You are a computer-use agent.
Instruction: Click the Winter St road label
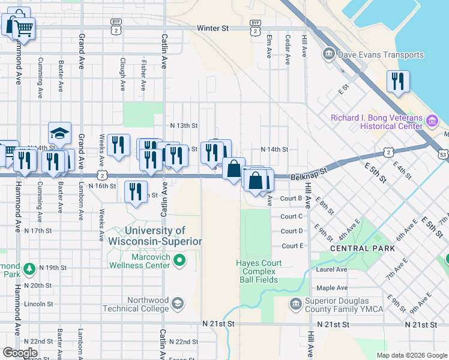(x=213, y=28)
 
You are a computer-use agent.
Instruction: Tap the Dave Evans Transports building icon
(x=329, y=55)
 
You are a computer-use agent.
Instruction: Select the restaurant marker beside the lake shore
(x=397, y=82)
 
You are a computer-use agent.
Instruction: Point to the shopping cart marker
(x=23, y=27)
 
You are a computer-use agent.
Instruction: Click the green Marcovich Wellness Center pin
(x=179, y=260)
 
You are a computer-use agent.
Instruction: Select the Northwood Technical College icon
(x=177, y=304)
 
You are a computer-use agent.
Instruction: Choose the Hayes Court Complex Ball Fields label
(x=257, y=271)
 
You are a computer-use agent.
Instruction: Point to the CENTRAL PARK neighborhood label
(x=363, y=248)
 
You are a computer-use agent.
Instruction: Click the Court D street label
(x=292, y=231)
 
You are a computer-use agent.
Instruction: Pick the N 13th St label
(x=184, y=125)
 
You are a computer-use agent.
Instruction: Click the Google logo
(x=20, y=353)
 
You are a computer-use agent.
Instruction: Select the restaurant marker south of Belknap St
(x=135, y=191)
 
